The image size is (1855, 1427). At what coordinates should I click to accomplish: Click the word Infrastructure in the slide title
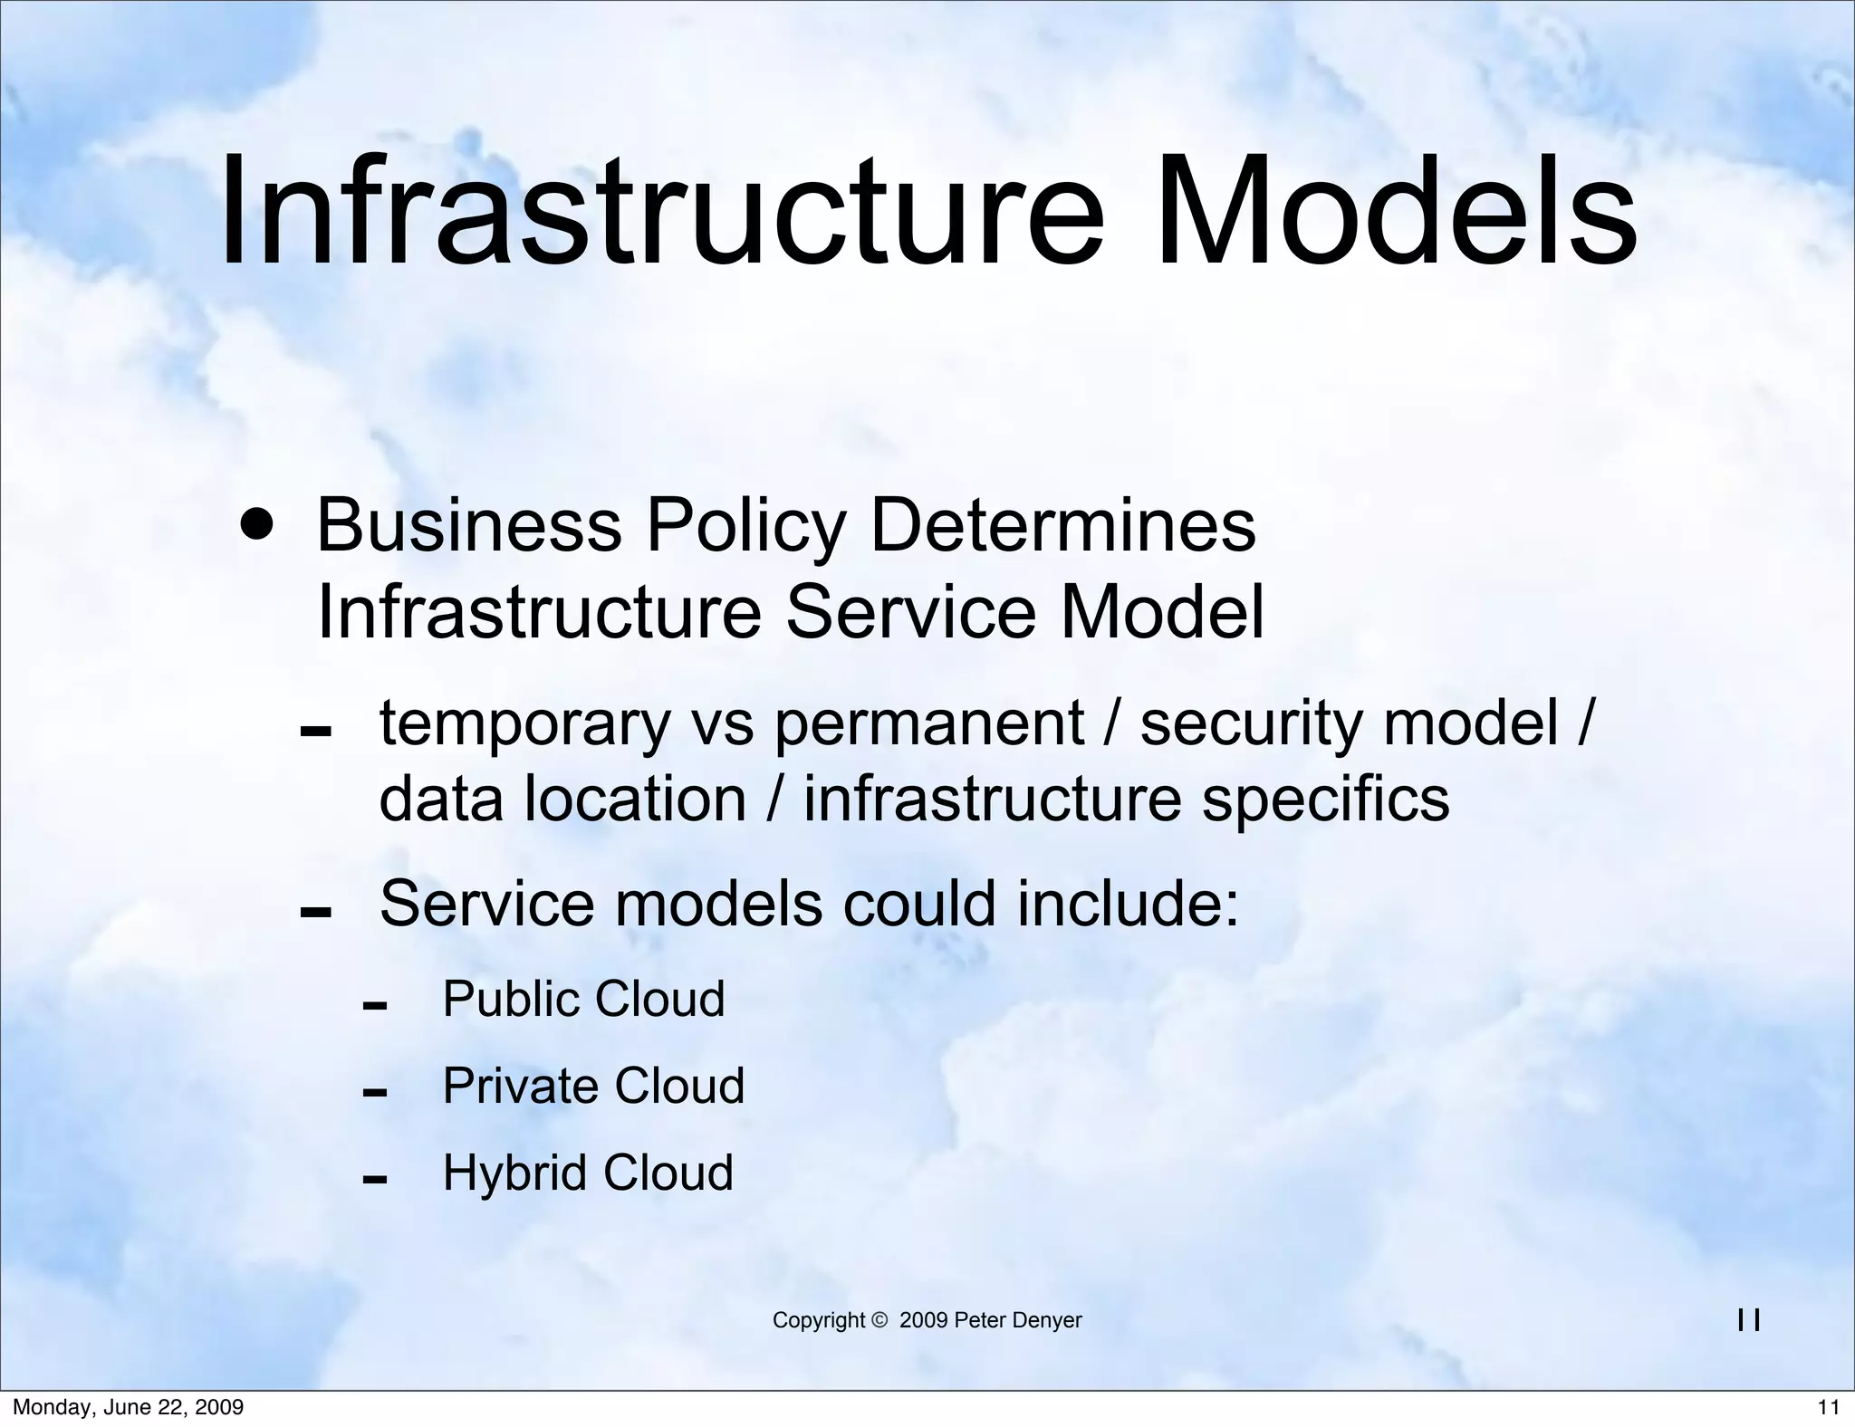tap(661, 211)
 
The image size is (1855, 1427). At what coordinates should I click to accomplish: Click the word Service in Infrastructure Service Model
tap(909, 612)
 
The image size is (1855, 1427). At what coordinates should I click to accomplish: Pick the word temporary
tap(524, 724)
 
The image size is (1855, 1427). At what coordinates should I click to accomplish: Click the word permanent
tap(928, 724)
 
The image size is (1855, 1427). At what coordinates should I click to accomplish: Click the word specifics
tap(1325, 800)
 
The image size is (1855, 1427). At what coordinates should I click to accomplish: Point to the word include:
tap(1128, 904)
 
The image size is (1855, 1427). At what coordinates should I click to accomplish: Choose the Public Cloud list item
tap(583, 999)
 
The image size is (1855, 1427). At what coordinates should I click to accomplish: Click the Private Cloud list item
tap(593, 1086)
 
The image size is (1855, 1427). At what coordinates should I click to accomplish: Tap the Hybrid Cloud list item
tap(587, 1173)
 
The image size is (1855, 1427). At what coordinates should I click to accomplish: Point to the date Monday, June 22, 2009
tap(128, 1407)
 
